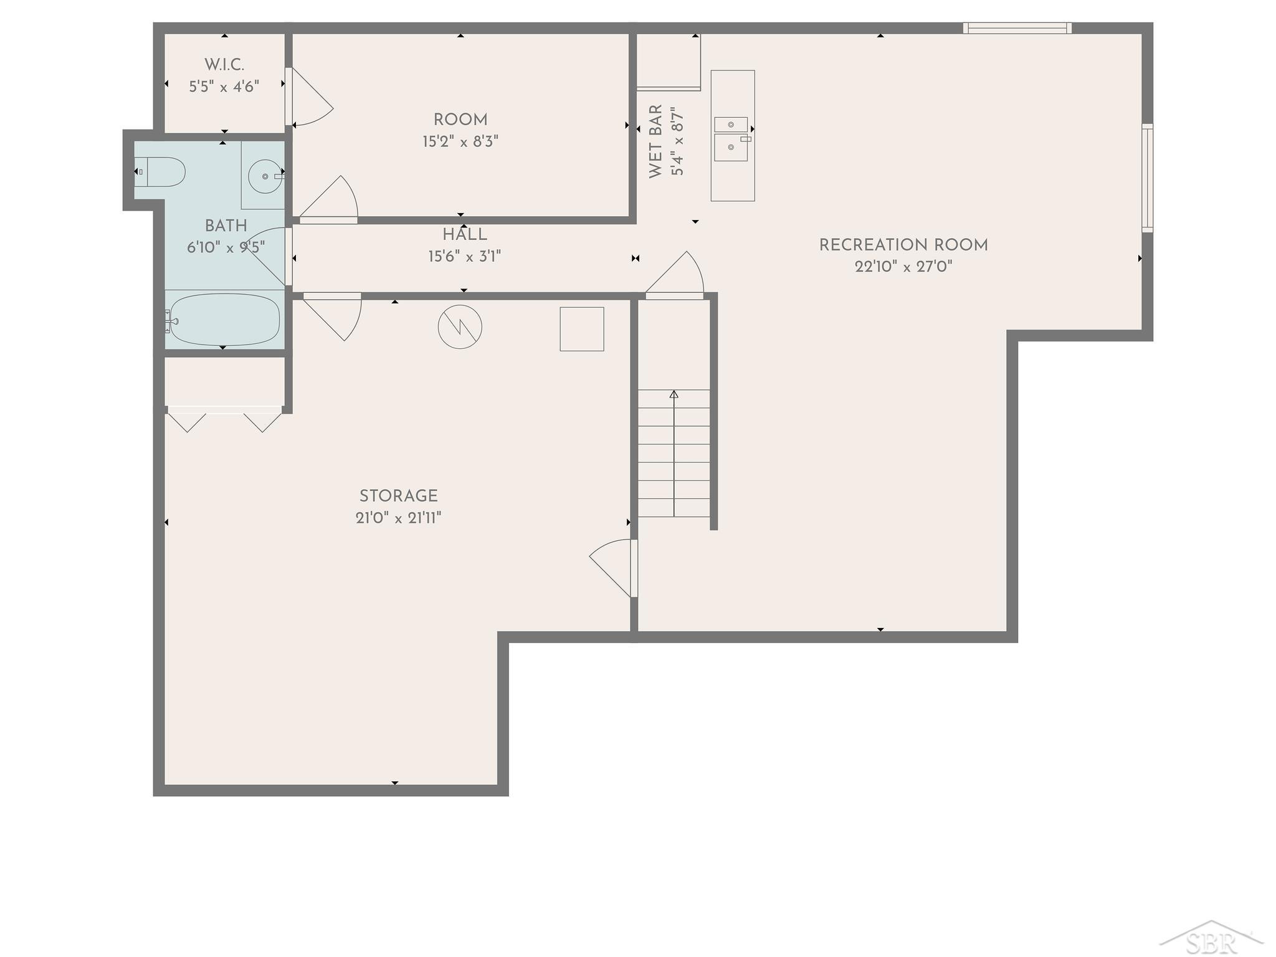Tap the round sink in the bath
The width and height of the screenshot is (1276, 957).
click(265, 176)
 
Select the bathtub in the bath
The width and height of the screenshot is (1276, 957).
click(225, 320)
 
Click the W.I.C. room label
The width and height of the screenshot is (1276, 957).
click(224, 65)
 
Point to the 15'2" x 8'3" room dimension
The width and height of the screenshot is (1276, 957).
click(460, 141)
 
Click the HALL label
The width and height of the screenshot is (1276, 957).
click(465, 235)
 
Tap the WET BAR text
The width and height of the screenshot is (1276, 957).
click(656, 141)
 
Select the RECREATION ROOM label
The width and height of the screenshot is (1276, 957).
click(903, 245)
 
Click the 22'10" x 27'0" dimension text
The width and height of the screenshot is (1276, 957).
click(903, 267)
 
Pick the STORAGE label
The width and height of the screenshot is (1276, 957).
click(399, 496)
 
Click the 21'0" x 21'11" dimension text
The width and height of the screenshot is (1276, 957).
click(399, 518)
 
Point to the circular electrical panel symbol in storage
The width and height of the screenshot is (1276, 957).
click(460, 326)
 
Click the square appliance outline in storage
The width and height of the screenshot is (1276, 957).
click(582, 329)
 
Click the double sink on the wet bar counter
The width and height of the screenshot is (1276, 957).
click(731, 139)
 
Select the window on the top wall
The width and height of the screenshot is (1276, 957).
click(1017, 28)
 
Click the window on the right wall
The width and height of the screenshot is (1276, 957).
click(1148, 178)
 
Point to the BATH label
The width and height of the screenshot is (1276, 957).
click(226, 226)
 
